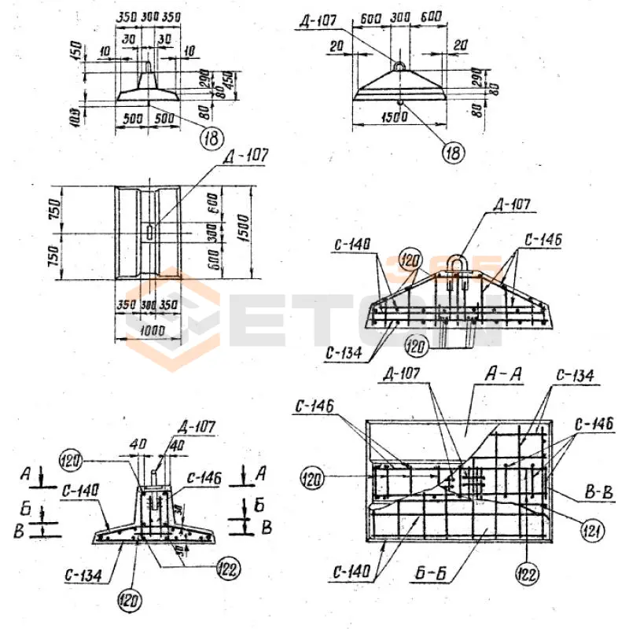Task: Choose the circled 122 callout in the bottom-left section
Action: click(x=227, y=569)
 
